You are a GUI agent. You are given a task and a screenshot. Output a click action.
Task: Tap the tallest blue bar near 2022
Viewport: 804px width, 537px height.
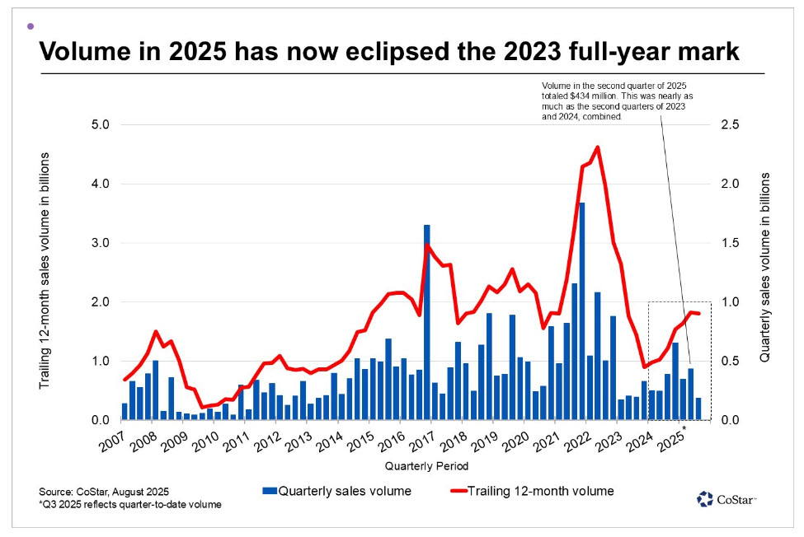click(581, 313)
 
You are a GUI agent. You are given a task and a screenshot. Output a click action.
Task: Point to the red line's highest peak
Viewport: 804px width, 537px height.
click(596, 148)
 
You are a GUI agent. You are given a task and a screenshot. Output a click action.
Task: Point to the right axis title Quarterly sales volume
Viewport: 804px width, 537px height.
click(765, 268)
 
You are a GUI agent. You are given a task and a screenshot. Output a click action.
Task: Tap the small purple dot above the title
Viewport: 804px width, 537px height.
click(31, 26)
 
